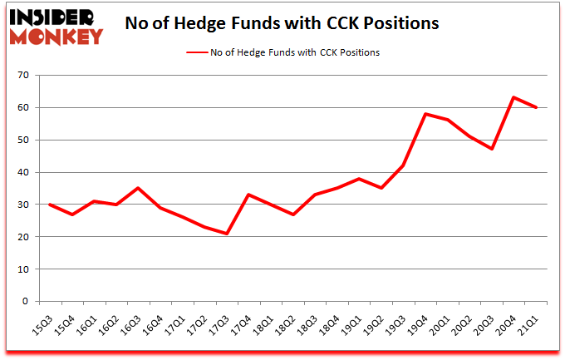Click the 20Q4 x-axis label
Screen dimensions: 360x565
click(506, 320)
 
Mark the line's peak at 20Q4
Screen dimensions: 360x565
click(513, 97)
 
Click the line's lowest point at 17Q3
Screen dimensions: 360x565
click(226, 234)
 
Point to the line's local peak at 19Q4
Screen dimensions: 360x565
click(425, 114)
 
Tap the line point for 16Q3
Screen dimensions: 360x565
click(138, 188)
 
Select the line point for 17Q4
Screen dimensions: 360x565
click(248, 195)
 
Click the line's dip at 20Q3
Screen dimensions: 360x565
click(492, 149)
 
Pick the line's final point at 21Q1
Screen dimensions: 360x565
click(536, 107)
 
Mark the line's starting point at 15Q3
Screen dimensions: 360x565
click(50, 205)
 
